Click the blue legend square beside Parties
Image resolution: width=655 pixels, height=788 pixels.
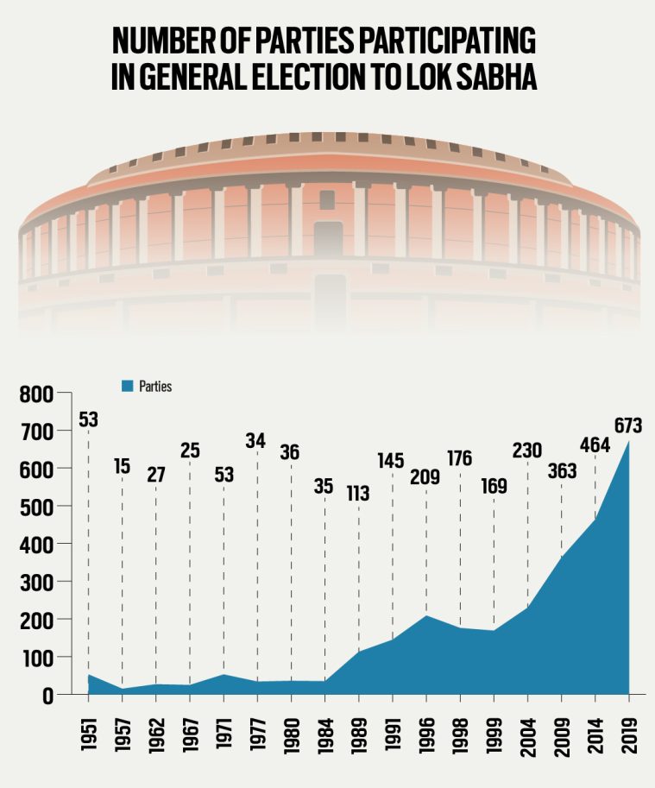128,387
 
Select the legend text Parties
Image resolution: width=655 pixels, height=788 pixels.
155,387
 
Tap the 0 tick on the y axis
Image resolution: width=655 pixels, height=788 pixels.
47,695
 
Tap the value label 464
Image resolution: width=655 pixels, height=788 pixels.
595,445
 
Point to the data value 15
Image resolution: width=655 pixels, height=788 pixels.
123,467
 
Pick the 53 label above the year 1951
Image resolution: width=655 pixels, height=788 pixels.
89,420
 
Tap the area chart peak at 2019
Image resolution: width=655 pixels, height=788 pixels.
629,442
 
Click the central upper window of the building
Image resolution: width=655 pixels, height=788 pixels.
327,199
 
